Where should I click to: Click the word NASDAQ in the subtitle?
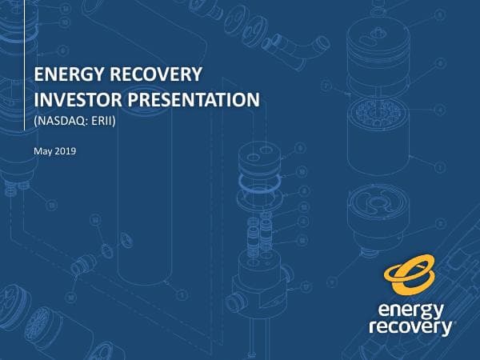[x=58, y=122]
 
